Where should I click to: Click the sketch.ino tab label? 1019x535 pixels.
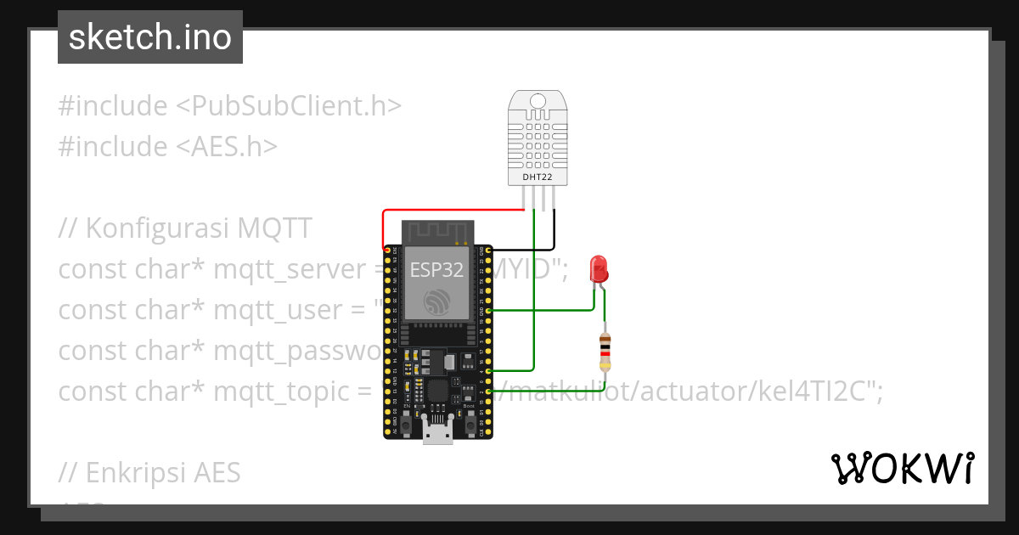tap(150, 37)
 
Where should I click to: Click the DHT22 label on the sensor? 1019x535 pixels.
tap(536, 176)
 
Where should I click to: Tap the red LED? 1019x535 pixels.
tap(599, 269)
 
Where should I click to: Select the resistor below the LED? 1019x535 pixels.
tap(605, 350)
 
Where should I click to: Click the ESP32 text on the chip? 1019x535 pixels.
tap(436, 270)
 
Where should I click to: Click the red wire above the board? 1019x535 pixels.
tap(450, 211)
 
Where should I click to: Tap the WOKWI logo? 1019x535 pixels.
tap(902, 468)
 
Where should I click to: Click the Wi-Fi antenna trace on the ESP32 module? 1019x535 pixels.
tap(436, 232)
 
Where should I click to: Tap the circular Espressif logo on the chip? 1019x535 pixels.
tap(436, 301)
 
